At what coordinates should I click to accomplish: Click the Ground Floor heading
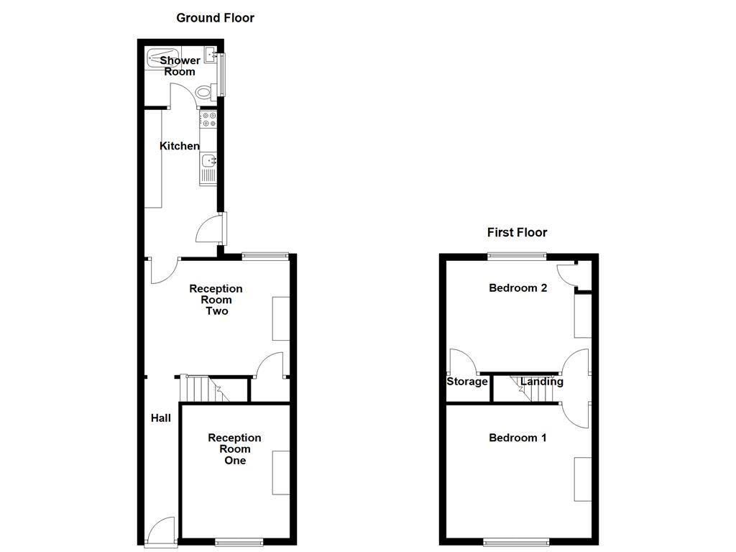[215, 18]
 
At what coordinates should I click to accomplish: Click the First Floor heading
[517, 232]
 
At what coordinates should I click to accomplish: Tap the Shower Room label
[180, 65]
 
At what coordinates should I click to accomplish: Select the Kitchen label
[179, 146]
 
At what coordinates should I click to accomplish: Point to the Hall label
[160, 418]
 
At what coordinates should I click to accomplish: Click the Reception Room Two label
[216, 300]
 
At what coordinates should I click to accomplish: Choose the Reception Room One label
[234, 448]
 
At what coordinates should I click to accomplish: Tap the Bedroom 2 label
[517, 288]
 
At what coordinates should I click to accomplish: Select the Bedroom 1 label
[517, 438]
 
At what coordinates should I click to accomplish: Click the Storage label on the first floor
[467, 382]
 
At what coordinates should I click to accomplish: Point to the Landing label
[541, 382]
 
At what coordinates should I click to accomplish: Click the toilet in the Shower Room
[204, 91]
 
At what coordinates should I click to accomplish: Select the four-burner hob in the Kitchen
[208, 119]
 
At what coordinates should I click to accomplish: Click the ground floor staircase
[202, 389]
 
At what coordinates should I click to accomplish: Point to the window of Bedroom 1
[516, 541]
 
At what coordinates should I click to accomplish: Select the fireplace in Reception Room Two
[280, 318]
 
